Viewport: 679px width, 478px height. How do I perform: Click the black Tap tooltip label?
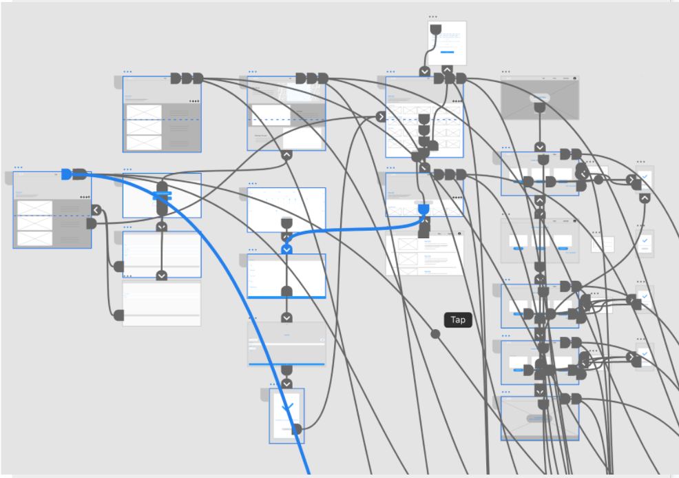point(458,320)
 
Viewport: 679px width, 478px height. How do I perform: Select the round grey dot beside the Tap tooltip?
point(435,335)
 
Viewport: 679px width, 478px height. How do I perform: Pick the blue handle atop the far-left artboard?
point(66,174)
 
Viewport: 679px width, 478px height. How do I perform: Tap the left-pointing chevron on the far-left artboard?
point(96,209)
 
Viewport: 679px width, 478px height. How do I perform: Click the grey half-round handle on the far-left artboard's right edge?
point(91,224)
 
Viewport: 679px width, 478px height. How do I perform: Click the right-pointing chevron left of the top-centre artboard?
point(381,117)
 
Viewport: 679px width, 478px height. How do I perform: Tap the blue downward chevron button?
point(287,249)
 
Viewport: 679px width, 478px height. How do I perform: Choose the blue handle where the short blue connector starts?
point(424,209)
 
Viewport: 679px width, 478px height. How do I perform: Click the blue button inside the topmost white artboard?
point(447,52)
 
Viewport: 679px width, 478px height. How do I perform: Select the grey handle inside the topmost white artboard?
point(435,30)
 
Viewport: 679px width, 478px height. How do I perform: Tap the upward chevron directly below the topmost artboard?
point(447,70)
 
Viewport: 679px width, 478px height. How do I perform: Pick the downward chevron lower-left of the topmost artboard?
point(425,71)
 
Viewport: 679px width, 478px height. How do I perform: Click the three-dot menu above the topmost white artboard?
point(432,17)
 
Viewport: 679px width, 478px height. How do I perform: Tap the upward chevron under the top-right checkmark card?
point(645,198)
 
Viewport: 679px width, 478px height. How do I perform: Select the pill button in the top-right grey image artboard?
point(540,98)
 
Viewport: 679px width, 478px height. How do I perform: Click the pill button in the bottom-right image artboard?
point(539,418)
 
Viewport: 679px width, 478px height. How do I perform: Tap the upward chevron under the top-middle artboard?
point(287,155)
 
